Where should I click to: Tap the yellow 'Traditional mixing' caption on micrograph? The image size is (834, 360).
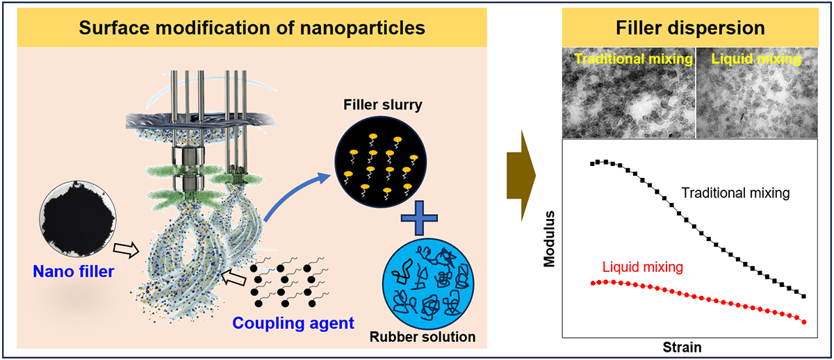coord(633,60)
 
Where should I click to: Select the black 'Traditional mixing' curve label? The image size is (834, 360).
coord(735,193)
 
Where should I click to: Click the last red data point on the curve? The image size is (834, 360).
coord(804,322)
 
